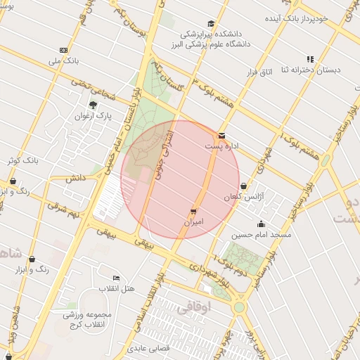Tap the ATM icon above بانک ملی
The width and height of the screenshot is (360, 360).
click(x=64, y=50)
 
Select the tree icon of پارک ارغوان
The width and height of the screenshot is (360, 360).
click(x=93, y=105)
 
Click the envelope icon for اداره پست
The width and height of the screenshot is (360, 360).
click(x=222, y=135)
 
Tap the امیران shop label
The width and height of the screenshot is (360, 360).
click(x=193, y=221)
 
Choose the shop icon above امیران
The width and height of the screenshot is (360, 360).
click(x=193, y=211)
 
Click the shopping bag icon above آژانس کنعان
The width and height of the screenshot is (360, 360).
click(x=243, y=186)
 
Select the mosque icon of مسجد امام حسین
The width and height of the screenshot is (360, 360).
click(x=262, y=224)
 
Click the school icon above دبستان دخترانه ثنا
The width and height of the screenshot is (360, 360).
click(x=309, y=59)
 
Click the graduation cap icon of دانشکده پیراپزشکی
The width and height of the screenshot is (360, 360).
click(x=211, y=24)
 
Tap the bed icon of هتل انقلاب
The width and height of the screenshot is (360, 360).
click(x=116, y=278)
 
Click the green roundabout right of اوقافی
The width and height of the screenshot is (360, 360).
click(x=239, y=307)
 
